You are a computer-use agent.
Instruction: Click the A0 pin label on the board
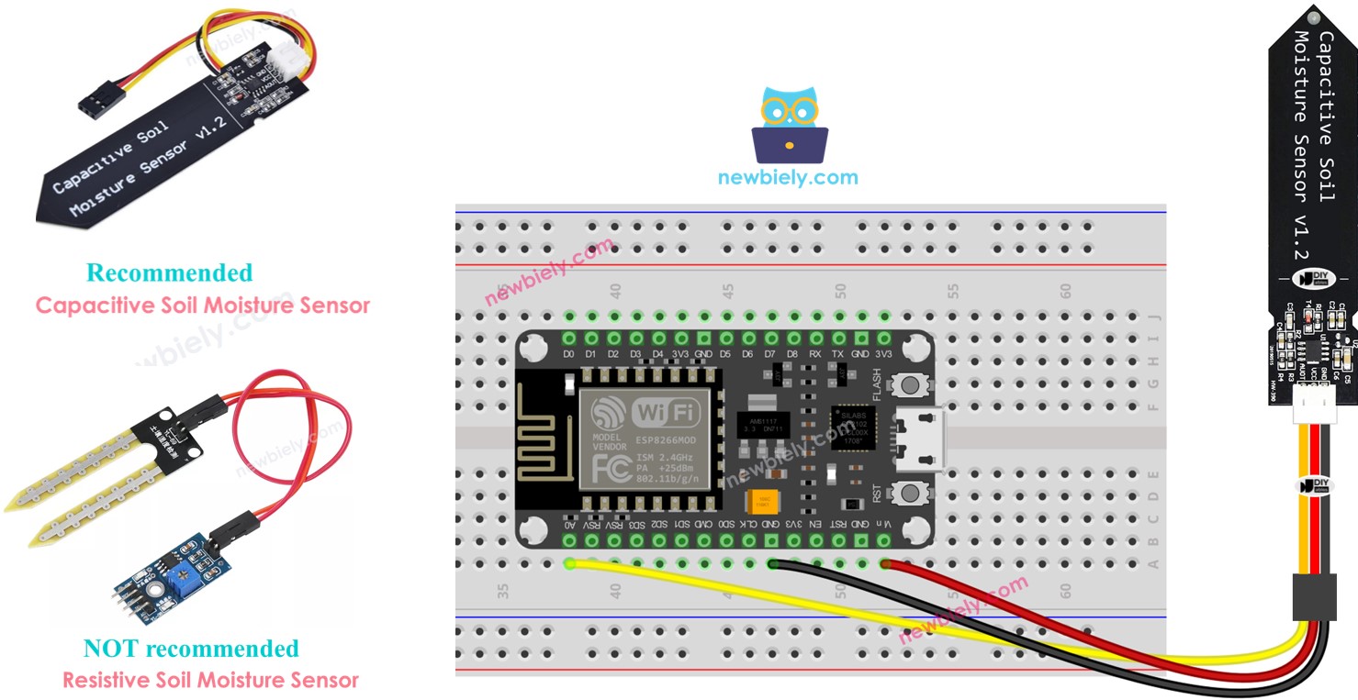click(x=570, y=523)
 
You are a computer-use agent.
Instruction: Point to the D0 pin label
click(x=569, y=353)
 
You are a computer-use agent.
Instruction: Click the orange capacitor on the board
click(x=759, y=502)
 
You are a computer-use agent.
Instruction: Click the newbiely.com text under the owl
click(x=788, y=178)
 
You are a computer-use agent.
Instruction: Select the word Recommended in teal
click(x=169, y=273)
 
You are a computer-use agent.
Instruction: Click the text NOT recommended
click(x=191, y=649)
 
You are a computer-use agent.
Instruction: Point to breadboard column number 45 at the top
click(x=728, y=291)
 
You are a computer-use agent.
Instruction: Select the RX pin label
click(x=815, y=353)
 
